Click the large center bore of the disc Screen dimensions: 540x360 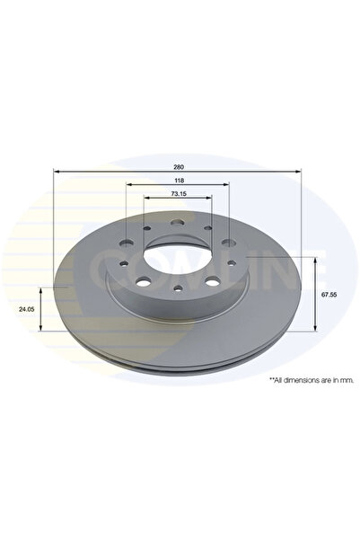178,253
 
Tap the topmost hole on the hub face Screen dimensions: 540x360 177,226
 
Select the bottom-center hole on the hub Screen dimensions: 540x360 179,288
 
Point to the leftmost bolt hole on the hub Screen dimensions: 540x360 121,264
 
